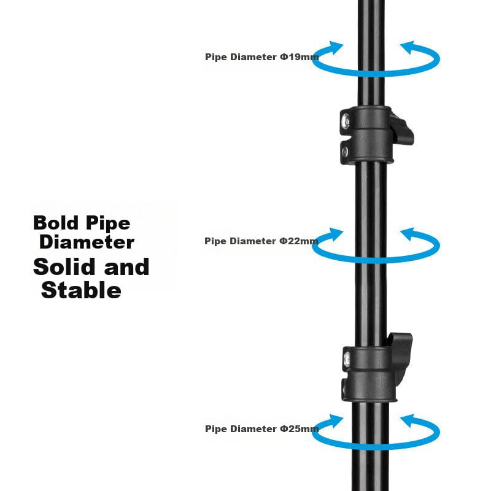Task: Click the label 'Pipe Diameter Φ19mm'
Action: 261,57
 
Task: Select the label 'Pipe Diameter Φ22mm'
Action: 261,241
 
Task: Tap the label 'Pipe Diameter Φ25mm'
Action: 261,429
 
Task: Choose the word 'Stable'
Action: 81,290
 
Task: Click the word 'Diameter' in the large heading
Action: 87,242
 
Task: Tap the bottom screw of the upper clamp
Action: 345,151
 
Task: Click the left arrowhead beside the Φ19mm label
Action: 335,48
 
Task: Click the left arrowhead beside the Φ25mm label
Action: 335,421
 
